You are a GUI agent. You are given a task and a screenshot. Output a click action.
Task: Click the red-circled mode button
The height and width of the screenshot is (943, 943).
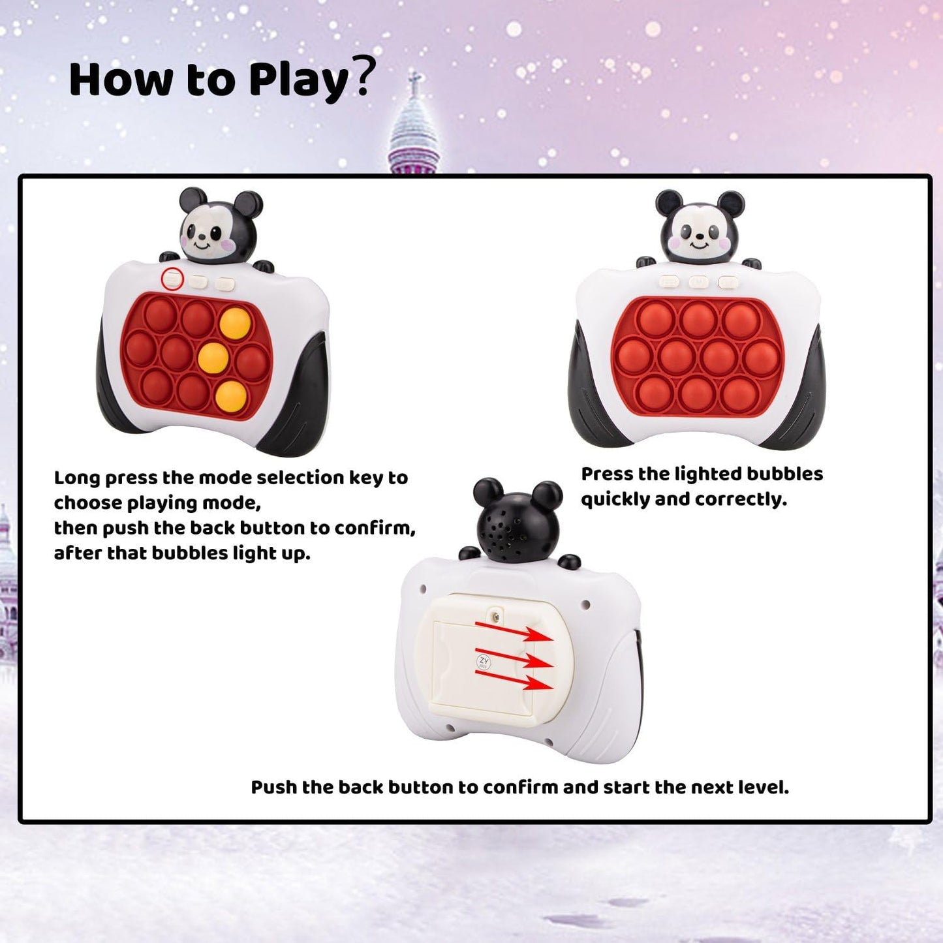[172, 279]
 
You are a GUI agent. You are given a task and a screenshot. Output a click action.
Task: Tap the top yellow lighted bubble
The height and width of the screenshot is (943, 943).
[235, 323]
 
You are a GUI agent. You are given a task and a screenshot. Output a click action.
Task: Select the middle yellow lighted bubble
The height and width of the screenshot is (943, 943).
[213, 357]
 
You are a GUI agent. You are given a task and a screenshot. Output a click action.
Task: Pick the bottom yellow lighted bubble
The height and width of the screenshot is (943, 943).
[232, 395]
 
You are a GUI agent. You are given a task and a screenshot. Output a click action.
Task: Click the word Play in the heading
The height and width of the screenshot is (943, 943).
[299, 80]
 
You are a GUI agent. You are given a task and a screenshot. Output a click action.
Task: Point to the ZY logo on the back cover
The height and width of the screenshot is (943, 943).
[484, 662]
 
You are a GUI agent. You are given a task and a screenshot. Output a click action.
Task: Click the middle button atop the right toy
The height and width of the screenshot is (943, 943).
[698, 282]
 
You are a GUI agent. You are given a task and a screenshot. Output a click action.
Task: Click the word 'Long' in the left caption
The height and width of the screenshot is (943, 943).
[77, 478]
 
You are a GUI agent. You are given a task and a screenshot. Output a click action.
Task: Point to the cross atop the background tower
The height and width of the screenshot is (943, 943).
[414, 81]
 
